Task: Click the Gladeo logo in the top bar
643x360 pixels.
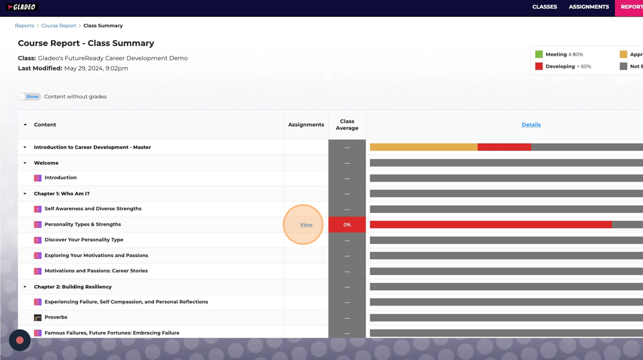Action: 22,7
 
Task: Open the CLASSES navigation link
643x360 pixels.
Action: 544,7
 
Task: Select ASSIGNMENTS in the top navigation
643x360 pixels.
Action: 588,7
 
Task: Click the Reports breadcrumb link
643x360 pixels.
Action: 25,26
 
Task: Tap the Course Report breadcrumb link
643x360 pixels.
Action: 59,26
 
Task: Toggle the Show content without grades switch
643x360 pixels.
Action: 29,96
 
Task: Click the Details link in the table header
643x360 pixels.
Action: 531,125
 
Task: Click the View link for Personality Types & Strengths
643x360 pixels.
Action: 306,224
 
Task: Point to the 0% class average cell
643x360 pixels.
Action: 347,224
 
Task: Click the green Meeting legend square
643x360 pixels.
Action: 539,55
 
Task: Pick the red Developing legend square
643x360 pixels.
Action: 539,67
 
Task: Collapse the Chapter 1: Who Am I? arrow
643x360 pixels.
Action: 25,194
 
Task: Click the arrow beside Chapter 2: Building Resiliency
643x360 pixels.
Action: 25,287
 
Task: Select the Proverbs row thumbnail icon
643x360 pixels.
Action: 38,318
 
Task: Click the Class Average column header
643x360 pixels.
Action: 347,125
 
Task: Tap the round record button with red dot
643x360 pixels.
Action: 20,340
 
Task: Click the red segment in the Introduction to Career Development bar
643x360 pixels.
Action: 504,148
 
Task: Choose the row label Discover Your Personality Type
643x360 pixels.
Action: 84,240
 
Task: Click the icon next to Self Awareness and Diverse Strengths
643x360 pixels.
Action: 38,209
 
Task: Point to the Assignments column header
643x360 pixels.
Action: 306,125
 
